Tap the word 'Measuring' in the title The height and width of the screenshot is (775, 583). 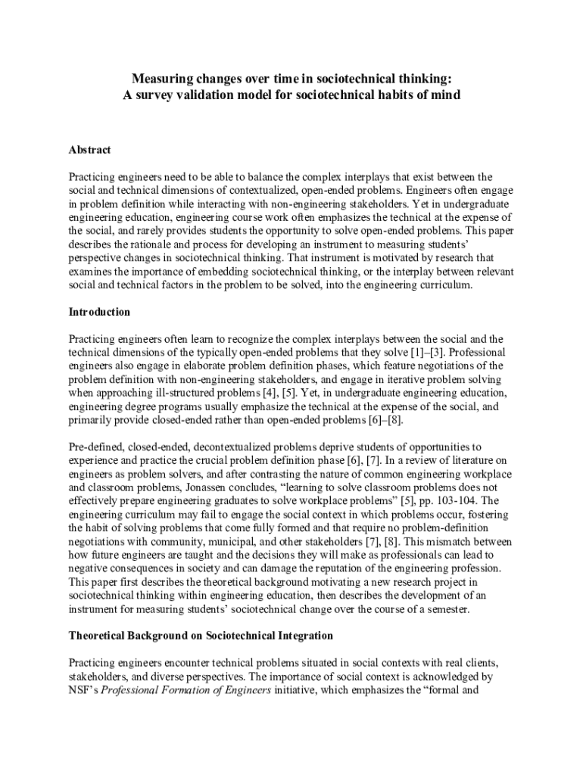click(161, 78)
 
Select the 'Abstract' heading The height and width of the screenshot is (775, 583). click(89, 150)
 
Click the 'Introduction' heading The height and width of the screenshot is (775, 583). click(99, 312)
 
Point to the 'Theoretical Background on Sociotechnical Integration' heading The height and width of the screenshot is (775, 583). click(201, 635)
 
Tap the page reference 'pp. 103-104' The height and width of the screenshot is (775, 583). click(438, 501)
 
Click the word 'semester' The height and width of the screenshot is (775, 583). click(449, 609)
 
